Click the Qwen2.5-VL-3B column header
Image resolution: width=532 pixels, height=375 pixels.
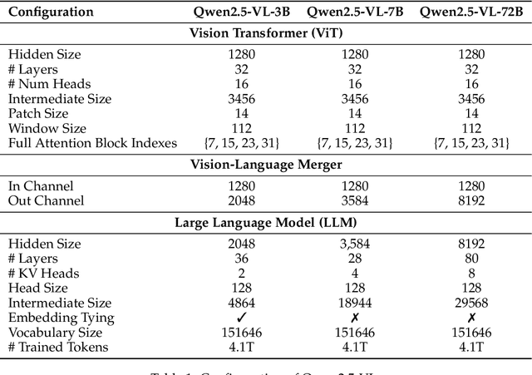tap(237, 12)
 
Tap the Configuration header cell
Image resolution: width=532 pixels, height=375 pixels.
tap(51, 12)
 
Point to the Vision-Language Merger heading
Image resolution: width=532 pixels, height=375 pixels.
tap(266, 165)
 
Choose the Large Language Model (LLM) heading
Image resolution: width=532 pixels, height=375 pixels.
tap(266, 223)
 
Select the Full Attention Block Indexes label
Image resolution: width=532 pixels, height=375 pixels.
tap(92, 143)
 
